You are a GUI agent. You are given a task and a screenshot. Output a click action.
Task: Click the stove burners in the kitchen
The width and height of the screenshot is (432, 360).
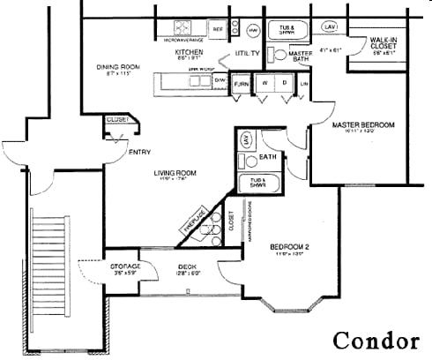(x=184, y=27)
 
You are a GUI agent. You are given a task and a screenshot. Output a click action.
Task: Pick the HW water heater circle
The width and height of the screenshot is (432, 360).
(x=253, y=30)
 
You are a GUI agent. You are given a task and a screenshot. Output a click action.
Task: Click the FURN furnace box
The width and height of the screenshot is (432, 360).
(x=242, y=83)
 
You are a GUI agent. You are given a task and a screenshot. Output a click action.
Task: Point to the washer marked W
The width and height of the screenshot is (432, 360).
(x=264, y=83)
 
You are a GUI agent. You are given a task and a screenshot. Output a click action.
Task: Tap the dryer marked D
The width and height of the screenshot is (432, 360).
(x=286, y=83)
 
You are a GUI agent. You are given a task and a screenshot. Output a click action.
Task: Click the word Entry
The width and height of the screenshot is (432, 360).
(x=139, y=153)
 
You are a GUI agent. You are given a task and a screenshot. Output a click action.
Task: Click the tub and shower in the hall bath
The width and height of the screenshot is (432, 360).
(x=259, y=184)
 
